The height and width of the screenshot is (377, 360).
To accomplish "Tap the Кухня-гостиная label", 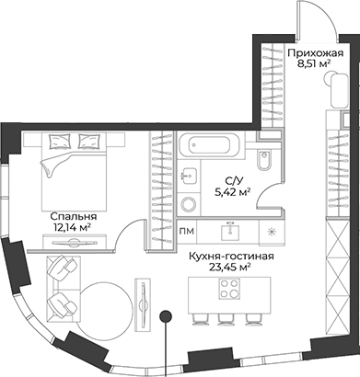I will click(230, 257).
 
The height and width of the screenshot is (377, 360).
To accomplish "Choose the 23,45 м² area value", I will click(230, 270).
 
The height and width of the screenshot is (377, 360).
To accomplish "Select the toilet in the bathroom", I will click(263, 159).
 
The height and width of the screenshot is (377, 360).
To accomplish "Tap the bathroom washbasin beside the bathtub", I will click(191, 174).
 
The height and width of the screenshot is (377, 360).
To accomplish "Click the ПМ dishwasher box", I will click(188, 231).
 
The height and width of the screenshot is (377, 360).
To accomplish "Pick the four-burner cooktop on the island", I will click(226, 291).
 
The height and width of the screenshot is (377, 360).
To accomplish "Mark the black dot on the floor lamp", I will click(166, 318).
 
